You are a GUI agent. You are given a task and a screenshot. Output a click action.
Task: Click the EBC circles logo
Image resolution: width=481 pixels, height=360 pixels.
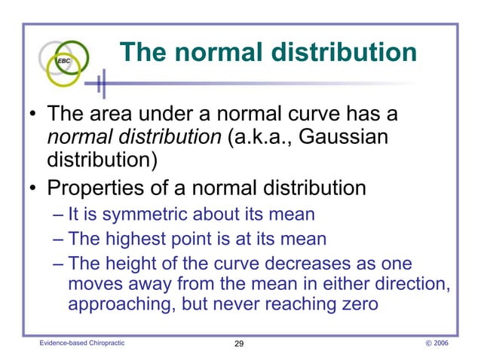point(66,60)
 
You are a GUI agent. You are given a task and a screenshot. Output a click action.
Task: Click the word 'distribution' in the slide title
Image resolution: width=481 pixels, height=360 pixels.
point(343,53)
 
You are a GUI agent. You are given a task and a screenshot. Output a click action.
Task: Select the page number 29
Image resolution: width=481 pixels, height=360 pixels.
point(239,343)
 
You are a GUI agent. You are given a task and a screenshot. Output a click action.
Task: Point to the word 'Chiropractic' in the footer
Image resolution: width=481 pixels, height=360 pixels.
point(103,343)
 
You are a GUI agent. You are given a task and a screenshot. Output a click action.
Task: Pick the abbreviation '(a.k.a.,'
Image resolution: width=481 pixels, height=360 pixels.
point(258,139)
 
